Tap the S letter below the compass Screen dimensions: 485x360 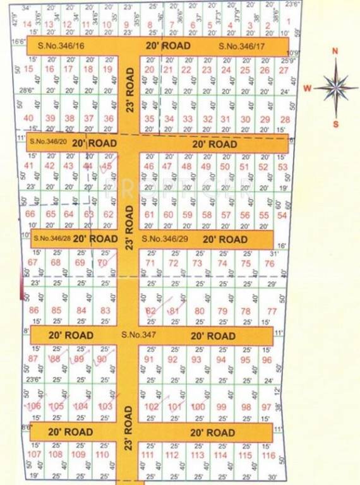pos(335,124)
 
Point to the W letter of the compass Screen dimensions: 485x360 pos(307,88)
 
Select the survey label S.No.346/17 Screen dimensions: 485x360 pos(242,46)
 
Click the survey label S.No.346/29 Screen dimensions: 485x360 pos(166,239)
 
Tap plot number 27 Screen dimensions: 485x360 pos(284,69)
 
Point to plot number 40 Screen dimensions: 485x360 pos(28,118)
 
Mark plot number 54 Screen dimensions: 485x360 pos(282,215)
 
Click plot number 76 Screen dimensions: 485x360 pos(270,263)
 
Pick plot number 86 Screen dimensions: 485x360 pos(34,310)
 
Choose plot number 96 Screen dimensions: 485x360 pos(267,360)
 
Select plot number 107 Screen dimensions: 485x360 pos(35,455)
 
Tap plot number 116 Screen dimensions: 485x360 pos(268,455)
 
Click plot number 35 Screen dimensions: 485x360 pos(149,119)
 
